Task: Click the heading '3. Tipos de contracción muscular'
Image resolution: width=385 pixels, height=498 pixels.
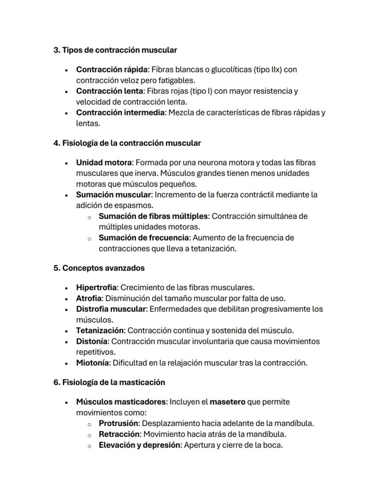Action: click(115, 50)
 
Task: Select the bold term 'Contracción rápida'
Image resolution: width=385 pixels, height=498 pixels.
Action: click(112, 70)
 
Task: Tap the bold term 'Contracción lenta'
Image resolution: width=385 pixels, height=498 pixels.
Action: click(109, 91)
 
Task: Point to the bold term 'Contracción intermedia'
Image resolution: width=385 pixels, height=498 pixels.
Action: click(120, 113)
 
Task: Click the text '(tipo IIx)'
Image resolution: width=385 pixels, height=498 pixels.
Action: click(267, 70)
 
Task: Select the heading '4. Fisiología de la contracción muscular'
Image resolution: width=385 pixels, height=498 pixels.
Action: click(127, 143)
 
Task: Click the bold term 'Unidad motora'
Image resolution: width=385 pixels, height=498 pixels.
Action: click(105, 163)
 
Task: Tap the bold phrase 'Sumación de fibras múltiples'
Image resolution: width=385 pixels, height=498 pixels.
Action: click(154, 216)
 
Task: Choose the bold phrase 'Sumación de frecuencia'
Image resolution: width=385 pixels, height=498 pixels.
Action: click(144, 238)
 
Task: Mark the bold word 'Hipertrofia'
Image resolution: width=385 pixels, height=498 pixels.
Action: click(96, 288)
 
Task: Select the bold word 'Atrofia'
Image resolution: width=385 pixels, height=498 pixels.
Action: click(89, 299)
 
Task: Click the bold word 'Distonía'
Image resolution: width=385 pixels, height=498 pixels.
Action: click(92, 341)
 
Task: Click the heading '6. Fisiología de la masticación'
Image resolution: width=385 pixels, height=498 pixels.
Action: click(109, 383)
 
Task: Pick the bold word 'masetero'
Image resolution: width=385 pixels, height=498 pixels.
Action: click(227, 402)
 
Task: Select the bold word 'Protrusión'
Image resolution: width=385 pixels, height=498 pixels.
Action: click(119, 424)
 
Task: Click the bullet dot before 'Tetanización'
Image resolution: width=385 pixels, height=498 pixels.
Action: click(67, 331)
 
